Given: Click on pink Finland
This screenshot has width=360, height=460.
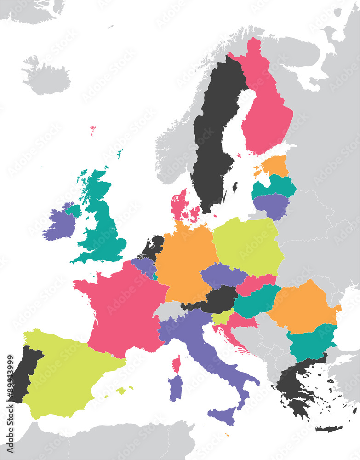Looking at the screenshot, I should (x=267, y=115).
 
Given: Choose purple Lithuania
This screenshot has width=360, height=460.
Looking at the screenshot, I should (x=271, y=205).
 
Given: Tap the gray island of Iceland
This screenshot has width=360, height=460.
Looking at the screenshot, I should (x=46, y=78).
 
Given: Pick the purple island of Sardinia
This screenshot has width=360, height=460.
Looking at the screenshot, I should (x=175, y=387).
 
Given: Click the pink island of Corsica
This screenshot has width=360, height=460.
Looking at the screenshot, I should (x=177, y=364).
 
